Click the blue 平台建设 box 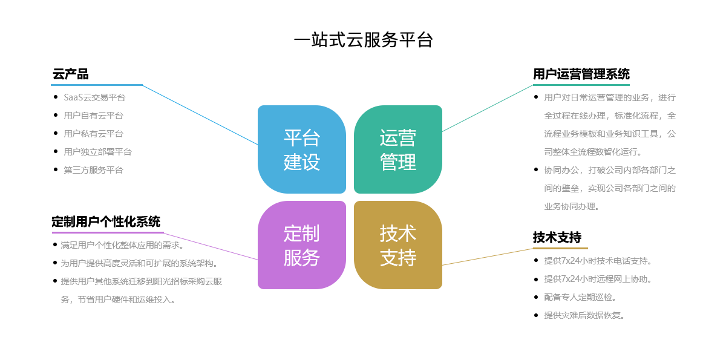(301, 149)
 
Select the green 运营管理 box (398, 149)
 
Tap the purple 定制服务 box (301, 245)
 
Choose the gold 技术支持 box (398, 245)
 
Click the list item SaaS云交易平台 (94, 97)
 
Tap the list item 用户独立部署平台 (97, 152)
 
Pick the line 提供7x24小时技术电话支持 (597, 261)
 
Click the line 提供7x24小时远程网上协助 (597, 279)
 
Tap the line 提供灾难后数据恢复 (584, 315)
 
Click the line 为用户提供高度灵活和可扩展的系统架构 (139, 263)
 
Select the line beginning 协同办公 (610, 170)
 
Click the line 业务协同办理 (572, 206)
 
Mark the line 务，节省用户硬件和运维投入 (118, 299)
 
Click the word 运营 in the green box (398, 138)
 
